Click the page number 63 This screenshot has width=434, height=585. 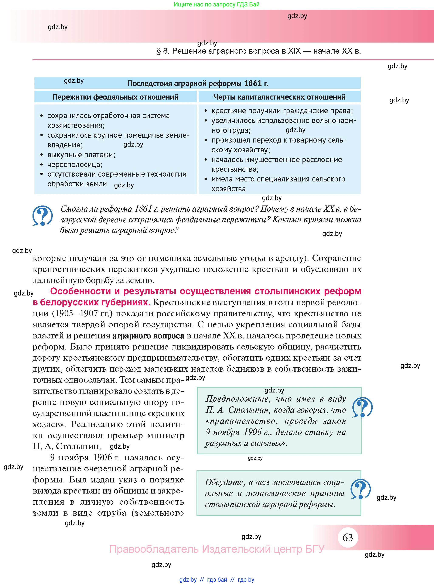348,537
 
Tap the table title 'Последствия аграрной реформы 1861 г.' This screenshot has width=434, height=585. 198,83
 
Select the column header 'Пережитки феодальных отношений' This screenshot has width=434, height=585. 115,97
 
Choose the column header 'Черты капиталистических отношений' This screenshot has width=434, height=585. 279,97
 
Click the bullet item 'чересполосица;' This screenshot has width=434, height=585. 75,164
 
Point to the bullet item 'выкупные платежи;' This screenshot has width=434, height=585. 81,155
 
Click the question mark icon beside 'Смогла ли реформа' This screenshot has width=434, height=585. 42,216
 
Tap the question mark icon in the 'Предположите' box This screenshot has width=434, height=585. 362,407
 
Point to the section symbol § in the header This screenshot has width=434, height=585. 158,51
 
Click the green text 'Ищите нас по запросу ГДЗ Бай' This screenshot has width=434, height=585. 216,4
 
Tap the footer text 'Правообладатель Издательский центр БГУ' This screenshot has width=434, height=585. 217,549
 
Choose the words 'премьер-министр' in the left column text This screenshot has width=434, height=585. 146,435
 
